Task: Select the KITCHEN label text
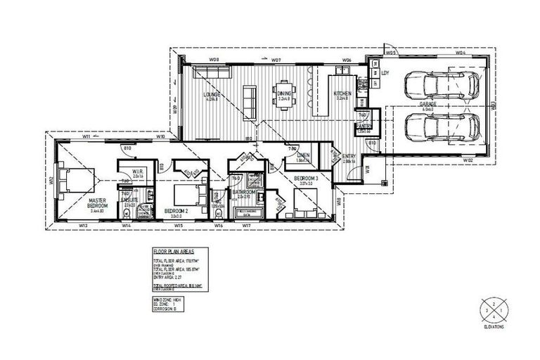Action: click(342, 94)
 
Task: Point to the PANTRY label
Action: click(364, 127)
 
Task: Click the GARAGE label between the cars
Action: click(428, 103)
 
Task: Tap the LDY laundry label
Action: click(385, 72)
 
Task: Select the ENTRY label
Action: click(348, 156)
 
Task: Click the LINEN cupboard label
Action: click(304, 155)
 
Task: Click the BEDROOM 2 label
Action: click(174, 210)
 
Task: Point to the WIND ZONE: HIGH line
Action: click(167, 299)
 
